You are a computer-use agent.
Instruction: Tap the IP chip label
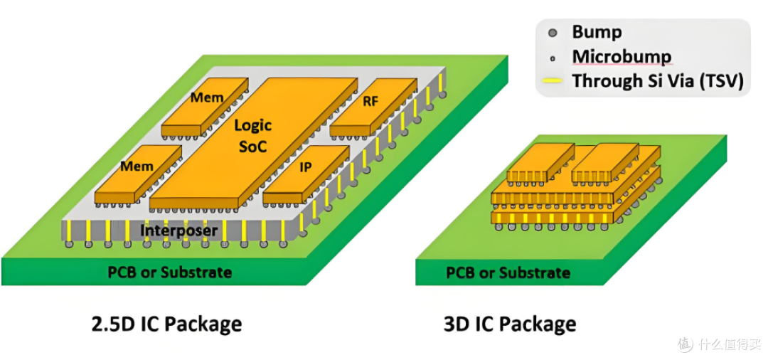(305, 167)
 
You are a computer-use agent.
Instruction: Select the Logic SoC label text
(252, 135)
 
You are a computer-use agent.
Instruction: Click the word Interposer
(178, 230)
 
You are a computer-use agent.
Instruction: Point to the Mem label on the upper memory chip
(207, 97)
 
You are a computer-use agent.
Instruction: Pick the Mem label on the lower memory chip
(137, 166)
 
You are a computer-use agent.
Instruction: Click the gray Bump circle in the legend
(553, 33)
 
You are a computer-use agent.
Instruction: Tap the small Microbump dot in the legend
(553, 59)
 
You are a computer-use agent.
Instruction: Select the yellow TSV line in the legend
(553, 81)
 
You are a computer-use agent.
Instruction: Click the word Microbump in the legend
(622, 57)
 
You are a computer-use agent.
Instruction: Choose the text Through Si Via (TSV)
(658, 80)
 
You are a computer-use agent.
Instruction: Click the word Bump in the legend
(597, 32)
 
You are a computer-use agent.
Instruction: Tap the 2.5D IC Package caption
(166, 324)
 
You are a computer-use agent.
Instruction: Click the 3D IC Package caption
(510, 324)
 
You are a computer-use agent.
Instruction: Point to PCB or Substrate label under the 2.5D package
(169, 272)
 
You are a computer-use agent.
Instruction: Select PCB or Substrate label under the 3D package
(508, 272)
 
